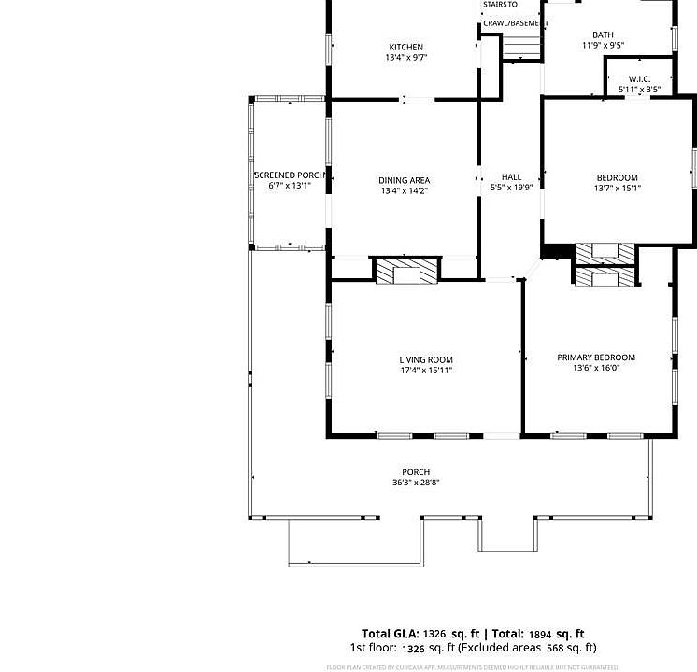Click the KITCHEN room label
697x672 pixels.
(405, 47)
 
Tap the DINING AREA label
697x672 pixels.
(404, 180)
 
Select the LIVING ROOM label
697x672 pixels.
(426, 359)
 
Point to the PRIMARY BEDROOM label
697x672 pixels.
(596, 357)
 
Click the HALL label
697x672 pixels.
(511, 176)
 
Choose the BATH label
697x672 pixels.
(603, 35)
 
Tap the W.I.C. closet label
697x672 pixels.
(639, 79)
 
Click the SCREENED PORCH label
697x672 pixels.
(289, 175)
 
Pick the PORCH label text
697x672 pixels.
(416, 472)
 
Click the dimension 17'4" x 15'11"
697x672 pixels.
(426, 371)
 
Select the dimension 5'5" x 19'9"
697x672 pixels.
(511, 188)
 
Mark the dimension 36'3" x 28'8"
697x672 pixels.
(416, 483)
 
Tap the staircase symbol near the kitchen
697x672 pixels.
(521, 49)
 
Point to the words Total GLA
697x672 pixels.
(391, 634)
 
